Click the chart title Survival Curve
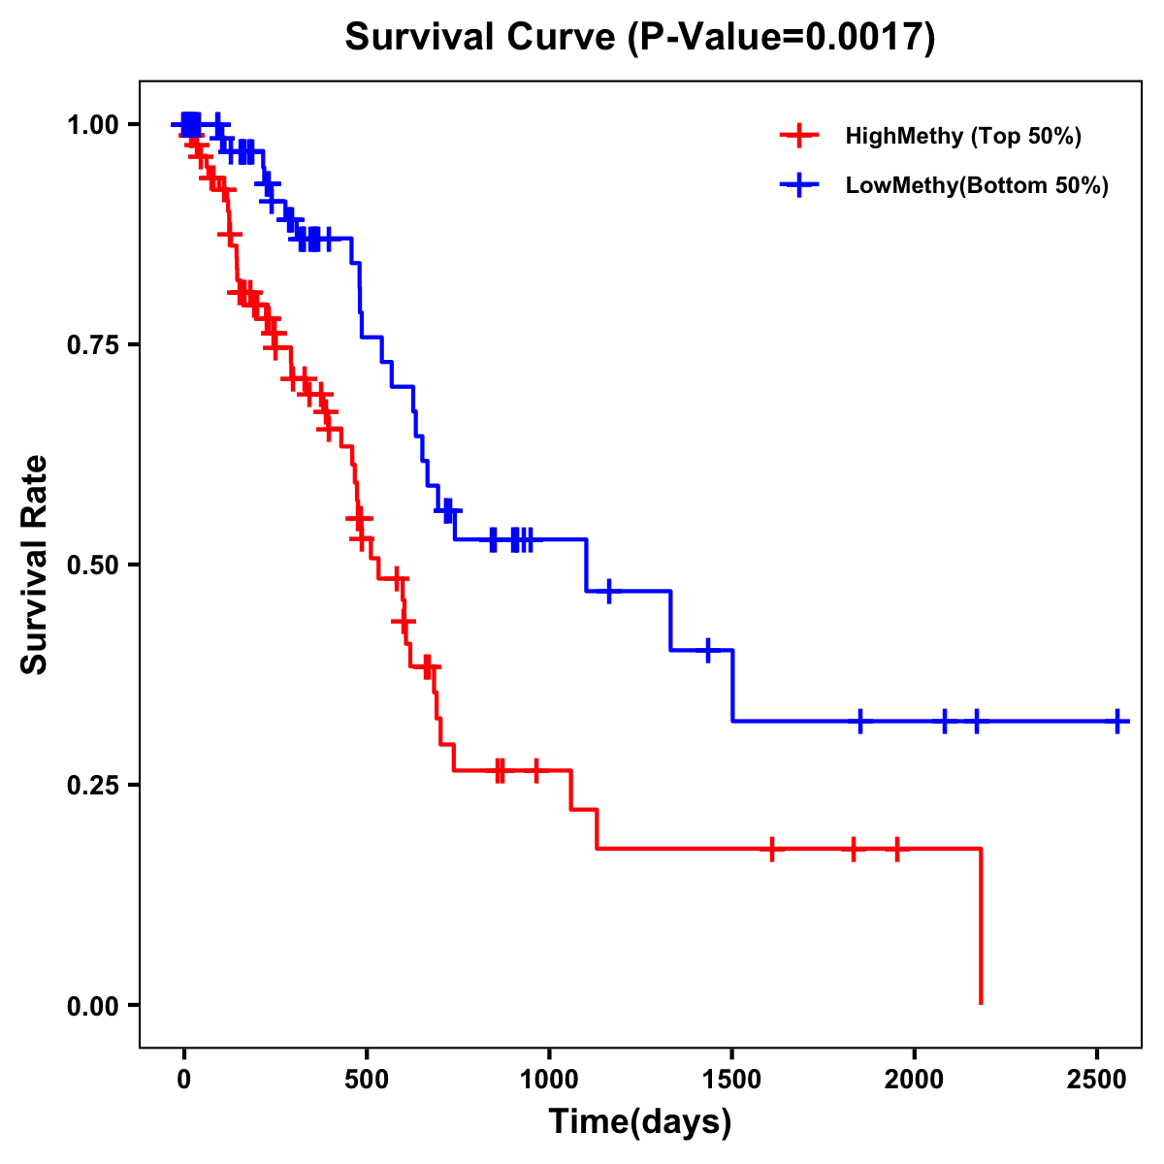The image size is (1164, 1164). pos(479,38)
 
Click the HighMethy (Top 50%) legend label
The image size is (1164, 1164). pos(962,136)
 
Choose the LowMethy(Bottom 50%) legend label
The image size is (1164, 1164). pos(977,186)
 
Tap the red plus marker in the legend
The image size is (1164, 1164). pos(798,136)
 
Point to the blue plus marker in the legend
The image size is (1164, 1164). pos(798,186)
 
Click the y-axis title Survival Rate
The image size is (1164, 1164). pos(35,564)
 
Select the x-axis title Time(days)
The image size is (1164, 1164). pos(640,1121)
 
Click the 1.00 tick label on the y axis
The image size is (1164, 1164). pos(93,125)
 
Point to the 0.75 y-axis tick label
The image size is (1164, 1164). pos(93,345)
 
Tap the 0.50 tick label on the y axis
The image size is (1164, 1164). pos(93,566)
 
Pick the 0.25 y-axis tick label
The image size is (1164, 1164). pos(93,786)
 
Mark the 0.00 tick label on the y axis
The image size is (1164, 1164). pos(93,1006)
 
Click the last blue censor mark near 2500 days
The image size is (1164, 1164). pos(1117,721)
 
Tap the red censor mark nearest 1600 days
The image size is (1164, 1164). pos(771,849)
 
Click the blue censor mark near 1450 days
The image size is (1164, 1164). pos(708,650)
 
